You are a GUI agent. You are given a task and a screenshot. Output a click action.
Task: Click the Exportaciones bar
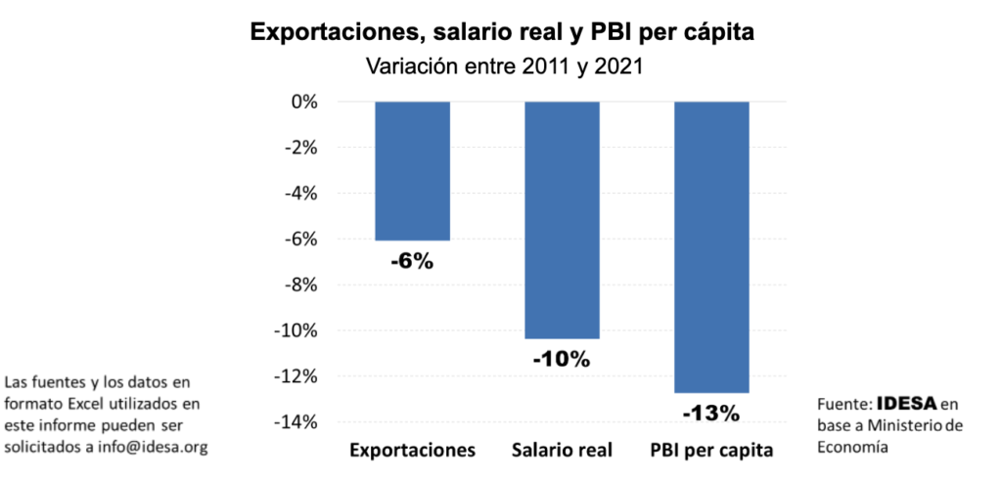click(x=413, y=171)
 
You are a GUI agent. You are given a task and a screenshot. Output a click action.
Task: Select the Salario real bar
click(x=562, y=220)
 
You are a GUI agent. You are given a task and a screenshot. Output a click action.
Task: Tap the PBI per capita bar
click(x=712, y=246)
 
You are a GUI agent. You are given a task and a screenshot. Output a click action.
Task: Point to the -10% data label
click(x=562, y=359)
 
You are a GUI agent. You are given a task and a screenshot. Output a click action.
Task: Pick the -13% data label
click(x=711, y=414)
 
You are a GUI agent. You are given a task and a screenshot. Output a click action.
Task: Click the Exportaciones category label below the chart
click(x=412, y=451)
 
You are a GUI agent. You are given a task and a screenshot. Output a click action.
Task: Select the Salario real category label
click(x=562, y=451)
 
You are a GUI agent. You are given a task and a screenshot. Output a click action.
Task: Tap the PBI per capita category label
click(x=711, y=451)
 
